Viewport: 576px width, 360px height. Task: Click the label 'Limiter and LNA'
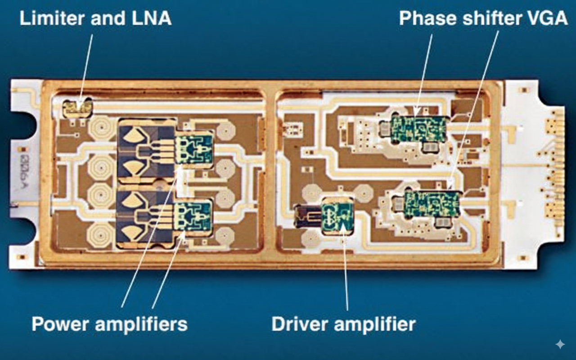95,18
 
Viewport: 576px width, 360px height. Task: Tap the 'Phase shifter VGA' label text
483,18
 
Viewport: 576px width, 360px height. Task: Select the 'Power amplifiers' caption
109,323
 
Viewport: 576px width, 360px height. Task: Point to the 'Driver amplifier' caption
343,323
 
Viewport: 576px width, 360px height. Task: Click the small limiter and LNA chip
77,107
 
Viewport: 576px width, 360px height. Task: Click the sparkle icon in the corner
560,344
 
